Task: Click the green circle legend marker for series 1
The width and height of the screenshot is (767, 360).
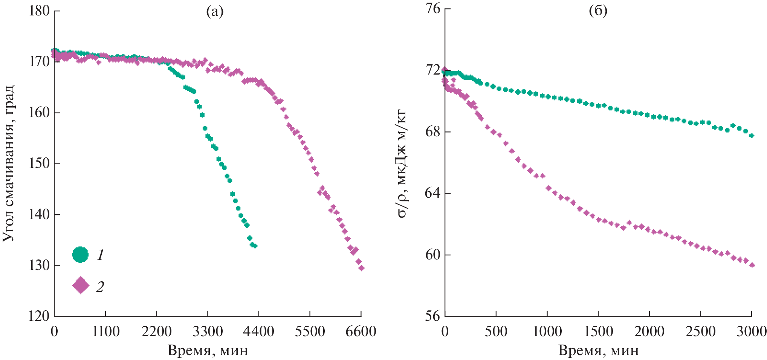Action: pos(80,255)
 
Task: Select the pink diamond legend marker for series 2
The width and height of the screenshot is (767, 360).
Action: pos(80,285)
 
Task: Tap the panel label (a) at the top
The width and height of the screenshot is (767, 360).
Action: pos(215,12)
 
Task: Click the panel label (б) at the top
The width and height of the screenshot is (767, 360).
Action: pos(598,11)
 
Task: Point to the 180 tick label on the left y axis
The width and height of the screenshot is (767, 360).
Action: pos(40,11)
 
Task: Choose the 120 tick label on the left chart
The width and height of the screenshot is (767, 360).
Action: pos(39,316)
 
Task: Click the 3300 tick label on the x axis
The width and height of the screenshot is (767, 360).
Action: pos(208,332)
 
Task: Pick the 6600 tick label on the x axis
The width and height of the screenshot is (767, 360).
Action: pos(361,332)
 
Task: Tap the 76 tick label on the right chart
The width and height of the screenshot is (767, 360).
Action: pos(433,8)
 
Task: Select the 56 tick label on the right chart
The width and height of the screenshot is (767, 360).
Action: pos(433,316)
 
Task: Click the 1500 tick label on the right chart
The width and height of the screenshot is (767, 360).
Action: pos(598,332)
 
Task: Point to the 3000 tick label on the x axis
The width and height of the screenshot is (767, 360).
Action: pos(752,332)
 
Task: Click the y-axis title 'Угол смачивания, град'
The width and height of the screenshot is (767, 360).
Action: pos(9,163)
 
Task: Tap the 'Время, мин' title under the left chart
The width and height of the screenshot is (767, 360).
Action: pos(208,351)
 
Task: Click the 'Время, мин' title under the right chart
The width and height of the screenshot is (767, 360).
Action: pos(598,351)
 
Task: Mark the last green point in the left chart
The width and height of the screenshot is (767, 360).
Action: pos(255,246)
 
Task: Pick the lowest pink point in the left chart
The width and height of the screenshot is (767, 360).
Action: pos(361,268)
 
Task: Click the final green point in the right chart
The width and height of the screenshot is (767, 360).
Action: pos(752,136)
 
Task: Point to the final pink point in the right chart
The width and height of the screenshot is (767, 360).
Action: pos(752,265)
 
